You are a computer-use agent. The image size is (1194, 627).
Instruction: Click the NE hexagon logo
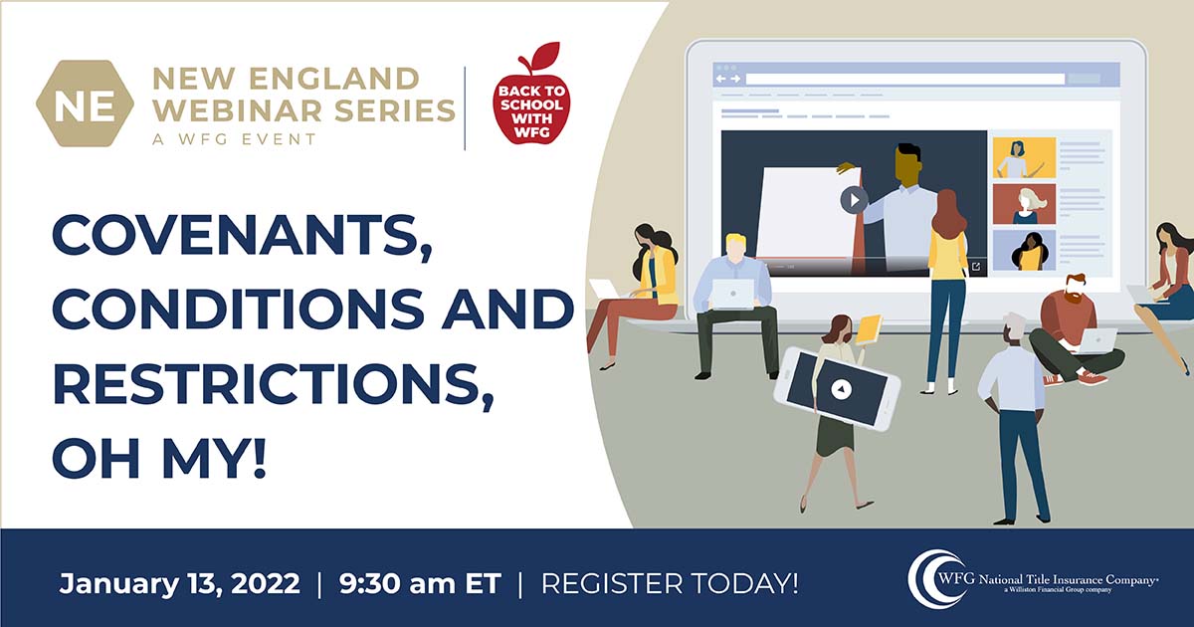click(x=85, y=104)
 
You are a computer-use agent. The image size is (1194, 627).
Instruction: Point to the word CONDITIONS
click(x=238, y=310)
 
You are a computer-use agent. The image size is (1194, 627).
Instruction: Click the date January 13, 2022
click(x=180, y=583)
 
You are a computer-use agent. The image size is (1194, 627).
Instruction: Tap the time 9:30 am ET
click(x=420, y=583)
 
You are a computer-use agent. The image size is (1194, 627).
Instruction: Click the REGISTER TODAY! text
click(x=670, y=583)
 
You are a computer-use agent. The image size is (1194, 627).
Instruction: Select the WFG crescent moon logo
click(x=934, y=580)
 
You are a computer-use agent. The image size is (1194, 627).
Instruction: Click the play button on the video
click(x=854, y=200)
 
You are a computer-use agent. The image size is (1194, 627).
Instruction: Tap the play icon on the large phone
click(x=841, y=389)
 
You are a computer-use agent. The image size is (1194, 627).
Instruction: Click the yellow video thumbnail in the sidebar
click(x=1024, y=158)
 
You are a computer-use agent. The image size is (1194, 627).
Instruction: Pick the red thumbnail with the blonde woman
click(x=1024, y=204)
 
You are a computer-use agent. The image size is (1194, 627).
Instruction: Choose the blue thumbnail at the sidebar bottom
click(x=1024, y=250)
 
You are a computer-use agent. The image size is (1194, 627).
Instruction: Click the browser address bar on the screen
click(x=904, y=80)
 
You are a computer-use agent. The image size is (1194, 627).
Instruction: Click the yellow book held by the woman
click(x=868, y=329)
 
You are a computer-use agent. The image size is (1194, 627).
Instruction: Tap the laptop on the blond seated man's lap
click(x=733, y=294)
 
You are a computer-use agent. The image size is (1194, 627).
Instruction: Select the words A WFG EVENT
click(x=235, y=139)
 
